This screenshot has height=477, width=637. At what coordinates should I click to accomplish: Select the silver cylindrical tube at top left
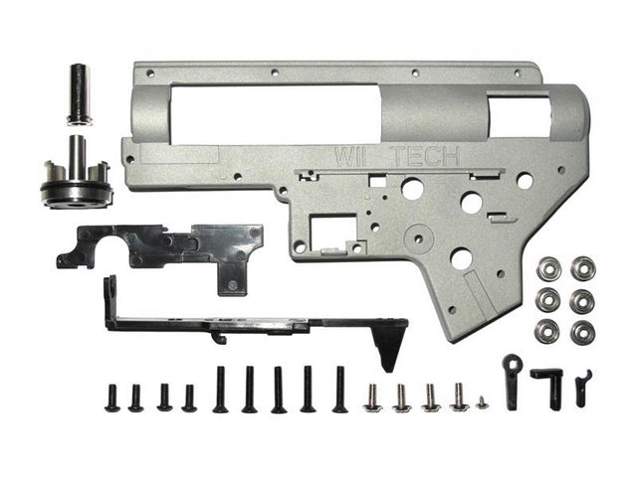click(x=80, y=94)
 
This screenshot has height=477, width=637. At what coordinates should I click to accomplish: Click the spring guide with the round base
click(x=77, y=179)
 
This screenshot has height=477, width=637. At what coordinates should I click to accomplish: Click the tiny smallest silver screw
click(x=482, y=402)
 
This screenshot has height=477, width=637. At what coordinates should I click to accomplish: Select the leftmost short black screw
click(x=110, y=397)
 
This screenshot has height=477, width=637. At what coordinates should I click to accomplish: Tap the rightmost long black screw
click(x=339, y=390)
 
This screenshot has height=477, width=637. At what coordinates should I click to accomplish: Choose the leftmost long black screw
click(x=220, y=390)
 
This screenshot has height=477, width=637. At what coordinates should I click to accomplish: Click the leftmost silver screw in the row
click(x=373, y=398)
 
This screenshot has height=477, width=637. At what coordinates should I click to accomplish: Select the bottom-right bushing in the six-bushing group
click(x=582, y=332)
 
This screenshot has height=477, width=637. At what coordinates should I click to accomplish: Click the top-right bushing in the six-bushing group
click(x=582, y=269)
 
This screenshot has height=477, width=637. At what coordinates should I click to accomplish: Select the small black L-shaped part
click(x=548, y=383)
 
